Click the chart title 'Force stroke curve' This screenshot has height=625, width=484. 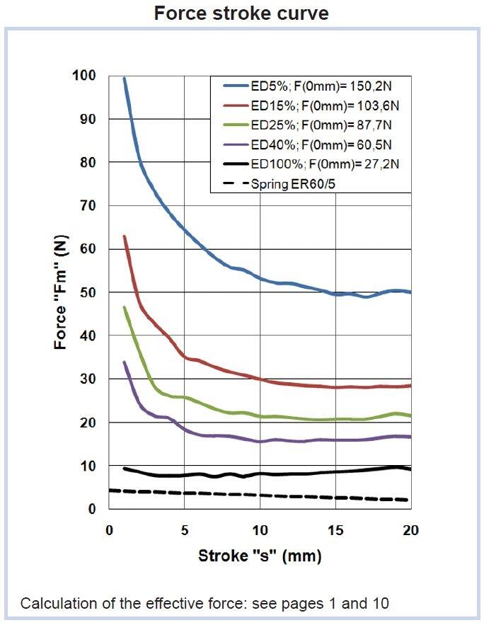241,13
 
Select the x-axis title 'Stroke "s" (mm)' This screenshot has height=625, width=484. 260,556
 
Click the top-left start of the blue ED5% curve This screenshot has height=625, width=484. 124,79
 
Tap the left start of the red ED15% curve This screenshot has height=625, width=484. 124,236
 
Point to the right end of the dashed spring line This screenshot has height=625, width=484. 409,500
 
